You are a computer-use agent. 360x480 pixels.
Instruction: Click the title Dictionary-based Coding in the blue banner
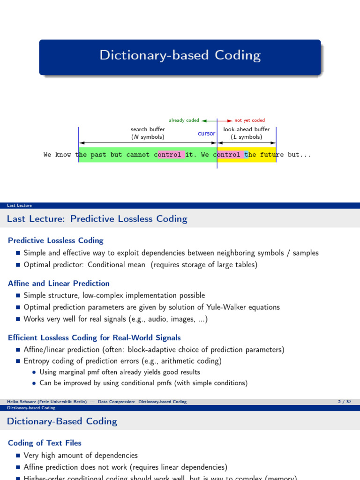[x=180, y=55]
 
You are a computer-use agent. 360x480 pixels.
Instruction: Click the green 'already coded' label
[x=184, y=120]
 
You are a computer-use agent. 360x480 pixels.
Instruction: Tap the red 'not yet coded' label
[x=249, y=120]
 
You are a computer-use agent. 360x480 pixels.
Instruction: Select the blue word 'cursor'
[x=206, y=134]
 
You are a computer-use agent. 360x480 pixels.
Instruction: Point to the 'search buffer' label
[x=148, y=129]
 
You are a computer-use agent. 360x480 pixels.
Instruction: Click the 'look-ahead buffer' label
[x=247, y=129]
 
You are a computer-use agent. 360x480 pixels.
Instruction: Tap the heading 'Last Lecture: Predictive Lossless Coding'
[x=97, y=219]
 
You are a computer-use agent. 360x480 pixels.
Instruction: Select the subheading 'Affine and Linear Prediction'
[x=59, y=283]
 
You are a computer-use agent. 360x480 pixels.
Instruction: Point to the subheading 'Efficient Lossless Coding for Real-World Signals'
[x=94, y=337]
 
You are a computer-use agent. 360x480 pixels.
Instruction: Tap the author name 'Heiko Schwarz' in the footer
[x=23, y=402]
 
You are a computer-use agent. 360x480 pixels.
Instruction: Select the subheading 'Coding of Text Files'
[x=45, y=443]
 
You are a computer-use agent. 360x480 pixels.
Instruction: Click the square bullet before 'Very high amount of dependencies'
[x=18, y=455]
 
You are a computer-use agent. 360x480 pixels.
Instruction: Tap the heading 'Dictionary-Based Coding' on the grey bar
[x=62, y=421]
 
